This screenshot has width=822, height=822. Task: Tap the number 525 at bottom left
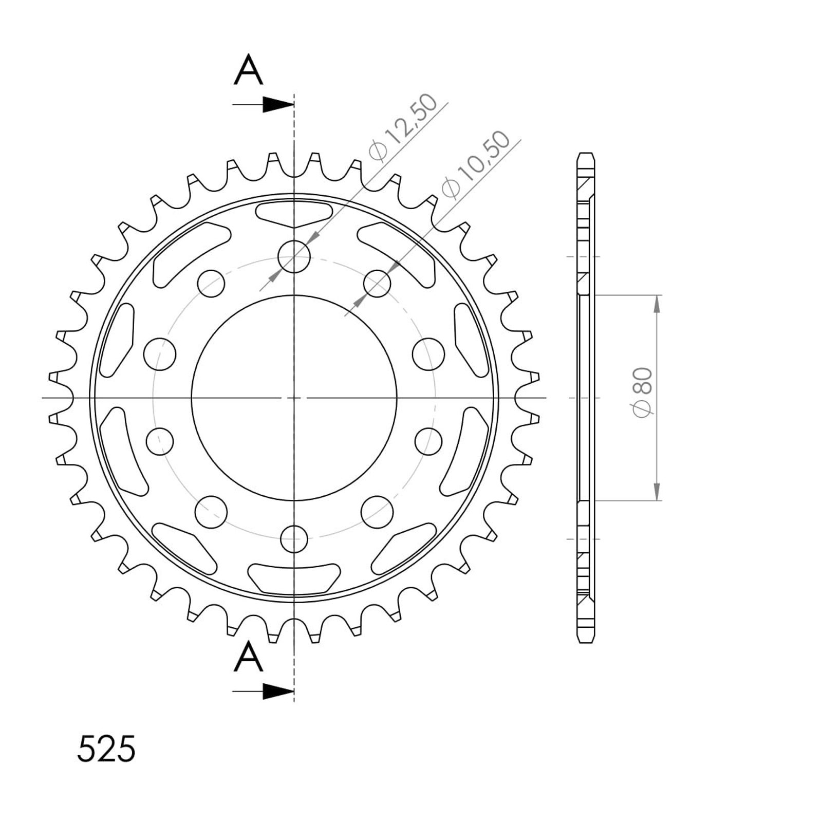point(106,749)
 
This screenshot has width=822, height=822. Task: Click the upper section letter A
point(248,70)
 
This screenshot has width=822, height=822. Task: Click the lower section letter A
point(248,658)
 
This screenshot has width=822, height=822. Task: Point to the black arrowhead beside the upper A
point(278,105)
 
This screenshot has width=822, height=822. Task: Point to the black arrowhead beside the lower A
point(278,692)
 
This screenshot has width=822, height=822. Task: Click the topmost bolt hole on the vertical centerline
point(294,256)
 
